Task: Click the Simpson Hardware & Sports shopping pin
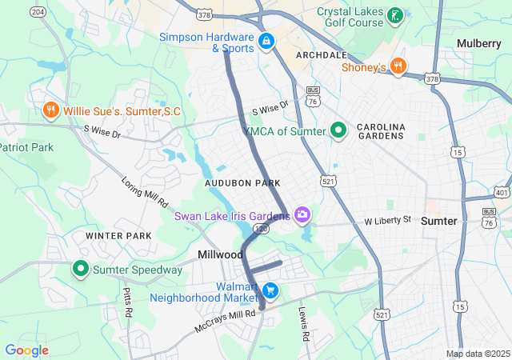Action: pyautogui.click(x=266, y=40)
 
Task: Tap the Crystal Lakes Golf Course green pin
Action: pyautogui.click(x=394, y=15)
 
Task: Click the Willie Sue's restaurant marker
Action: pyautogui.click(x=51, y=110)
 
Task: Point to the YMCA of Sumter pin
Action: pyautogui.click(x=338, y=130)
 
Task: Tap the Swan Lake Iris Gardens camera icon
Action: pyautogui.click(x=302, y=214)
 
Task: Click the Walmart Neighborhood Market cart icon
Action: pyautogui.click(x=270, y=290)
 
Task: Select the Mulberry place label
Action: pyautogui.click(x=479, y=42)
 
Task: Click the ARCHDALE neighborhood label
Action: pyautogui.click(x=321, y=54)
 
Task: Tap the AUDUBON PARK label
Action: pyautogui.click(x=242, y=183)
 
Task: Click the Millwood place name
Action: pyautogui.click(x=220, y=254)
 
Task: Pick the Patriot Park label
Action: pyautogui.click(x=26, y=147)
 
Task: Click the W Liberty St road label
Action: pyautogui.click(x=387, y=219)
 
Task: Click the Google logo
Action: pyautogui.click(x=26, y=350)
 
